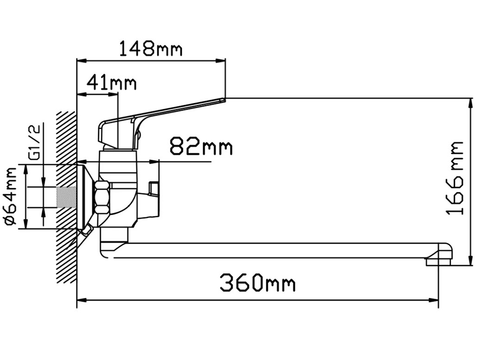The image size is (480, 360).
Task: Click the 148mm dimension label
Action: click(x=151, y=48)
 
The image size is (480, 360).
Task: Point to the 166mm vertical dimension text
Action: click(x=455, y=178)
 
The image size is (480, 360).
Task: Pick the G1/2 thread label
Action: click(x=35, y=142)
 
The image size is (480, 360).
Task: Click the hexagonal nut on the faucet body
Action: click(x=102, y=198)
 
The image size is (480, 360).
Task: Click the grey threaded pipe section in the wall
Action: click(x=66, y=198)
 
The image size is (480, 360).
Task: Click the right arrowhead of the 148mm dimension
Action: click(x=220, y=60)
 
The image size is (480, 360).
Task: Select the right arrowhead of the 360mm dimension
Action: click(x=433, y=301)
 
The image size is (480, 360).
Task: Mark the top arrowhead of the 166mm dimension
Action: click(x=471, y=104)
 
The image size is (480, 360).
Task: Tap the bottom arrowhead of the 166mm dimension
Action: click(x=471, y=260)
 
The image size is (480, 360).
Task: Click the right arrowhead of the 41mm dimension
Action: click(x=113, y=94)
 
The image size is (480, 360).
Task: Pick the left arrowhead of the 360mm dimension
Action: click(x=82, y=301)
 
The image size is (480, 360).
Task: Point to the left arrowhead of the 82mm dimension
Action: click(x=82, y=161)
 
